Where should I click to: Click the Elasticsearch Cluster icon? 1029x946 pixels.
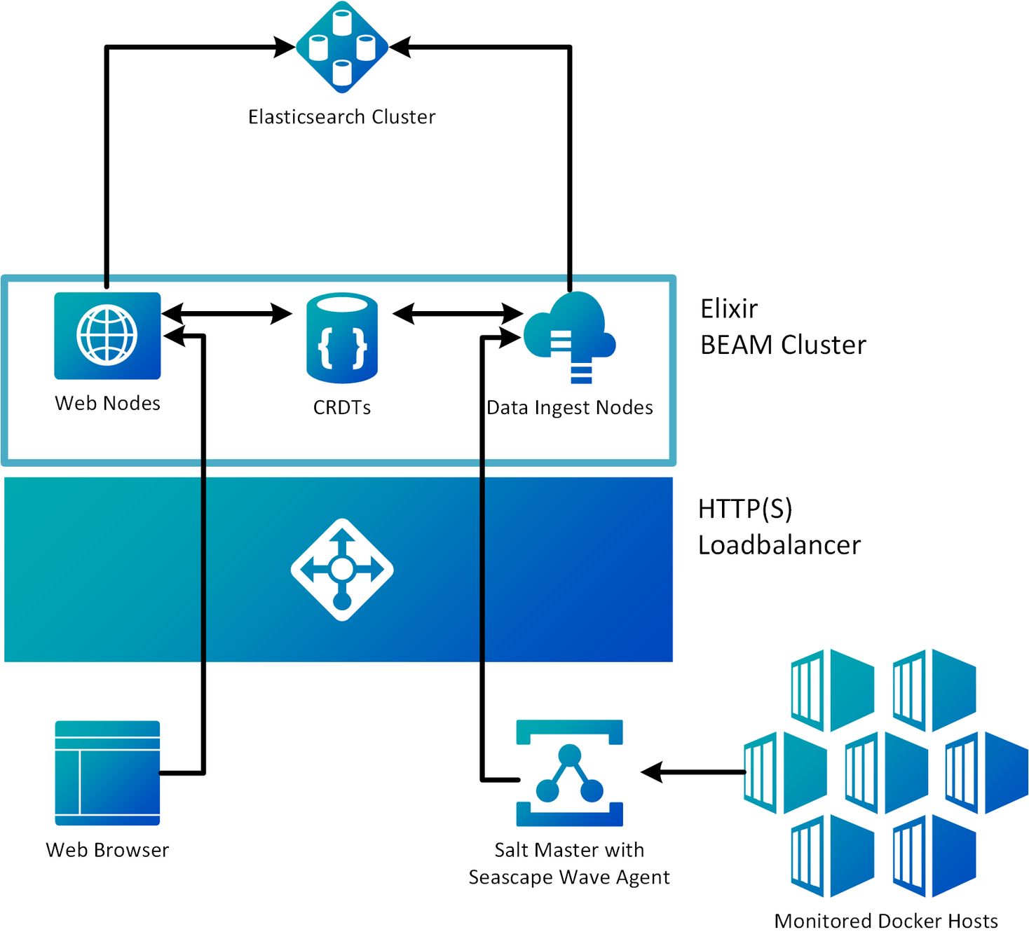[x=342, y=47]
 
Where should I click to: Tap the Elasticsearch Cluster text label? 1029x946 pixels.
[x=341, y=117]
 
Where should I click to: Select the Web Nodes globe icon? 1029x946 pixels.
[x=107, y=336]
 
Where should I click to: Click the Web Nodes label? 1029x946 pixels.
[x=108, y=404]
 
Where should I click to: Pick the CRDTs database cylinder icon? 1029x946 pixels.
[x=342, y=338]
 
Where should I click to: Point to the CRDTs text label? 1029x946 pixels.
[x=342, y=408]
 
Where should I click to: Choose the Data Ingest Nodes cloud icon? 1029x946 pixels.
[x=571, y=334]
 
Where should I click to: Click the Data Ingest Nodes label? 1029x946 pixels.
[x=570, y=408]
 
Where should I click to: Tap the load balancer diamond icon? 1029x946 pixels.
[x=342, y=570]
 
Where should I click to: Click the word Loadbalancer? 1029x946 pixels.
[x=779, y=545]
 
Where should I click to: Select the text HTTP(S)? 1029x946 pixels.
[x=745, y=509]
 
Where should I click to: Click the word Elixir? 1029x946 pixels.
[x=729, y=309]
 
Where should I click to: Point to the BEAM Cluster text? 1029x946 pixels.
[x=783, y=345]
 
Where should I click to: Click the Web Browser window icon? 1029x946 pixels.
[x=107, y=773]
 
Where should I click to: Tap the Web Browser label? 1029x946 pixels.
[x=107, y=850]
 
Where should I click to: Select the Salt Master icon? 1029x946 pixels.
[x=569, y=773]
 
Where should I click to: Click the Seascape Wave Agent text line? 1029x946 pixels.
[x=569, y=877]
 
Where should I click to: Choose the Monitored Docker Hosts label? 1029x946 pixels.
[x=886, y=921]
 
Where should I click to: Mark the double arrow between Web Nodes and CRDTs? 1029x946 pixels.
[x=226, y=313]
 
